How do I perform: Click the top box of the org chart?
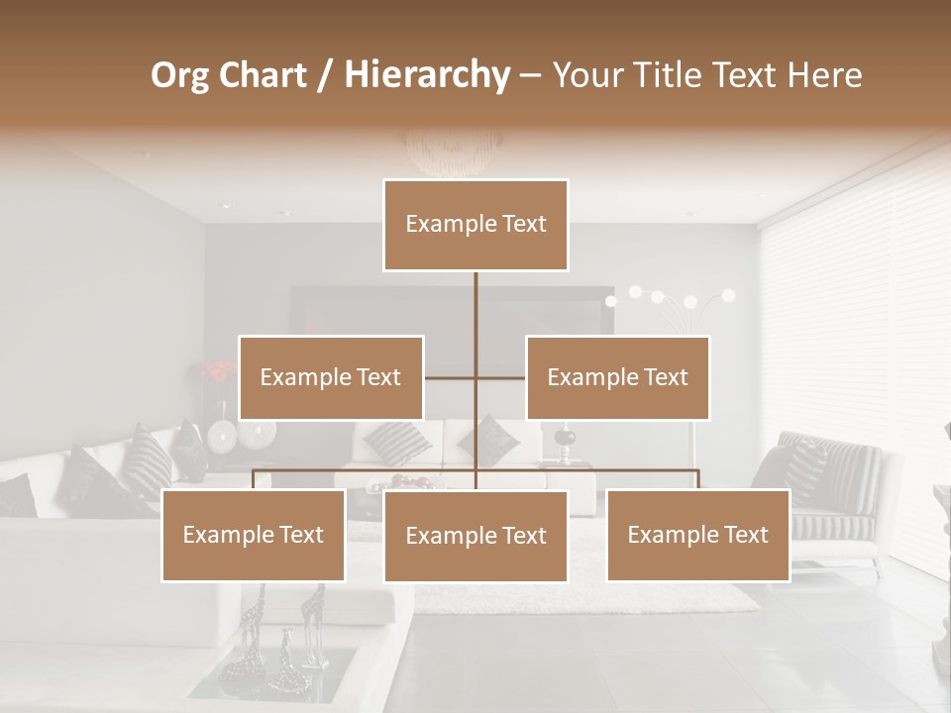pos(475,225)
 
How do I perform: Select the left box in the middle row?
pos(331,377)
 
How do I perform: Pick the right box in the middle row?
pos(617,377)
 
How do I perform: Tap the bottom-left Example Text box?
pos(254,535)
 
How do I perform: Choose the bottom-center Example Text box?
pos(475,536)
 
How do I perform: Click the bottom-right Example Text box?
pos(697,535)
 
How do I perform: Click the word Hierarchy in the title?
pos(427,75)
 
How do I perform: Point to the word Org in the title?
pos(181,75)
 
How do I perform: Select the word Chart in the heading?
pos(264,75)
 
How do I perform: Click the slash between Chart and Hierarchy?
pos(324,75)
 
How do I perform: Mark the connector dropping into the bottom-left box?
pos(254,479)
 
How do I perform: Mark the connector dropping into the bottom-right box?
pos(697,479)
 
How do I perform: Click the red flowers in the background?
pos(217,372)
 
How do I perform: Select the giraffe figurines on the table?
pos(282,634)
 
